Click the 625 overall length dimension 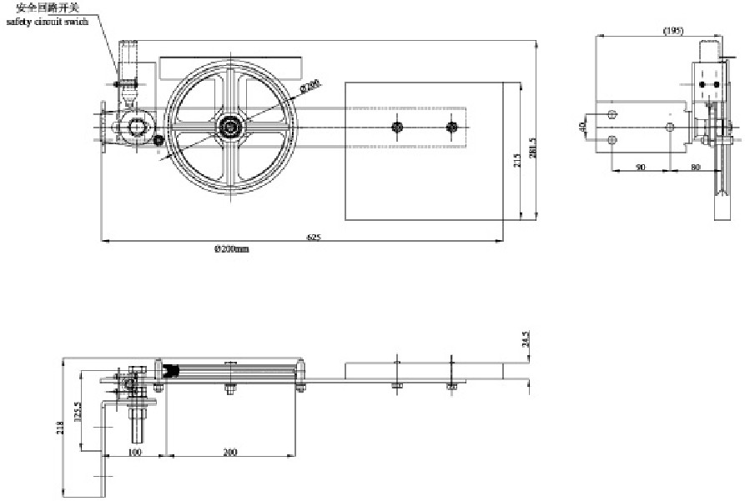click(314, 238)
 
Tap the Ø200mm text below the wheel click(232, 249)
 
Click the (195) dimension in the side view click(673, 31)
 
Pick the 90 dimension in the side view click(641, 167)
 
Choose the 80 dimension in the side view click(696, 167)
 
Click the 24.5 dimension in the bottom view click(525, 342)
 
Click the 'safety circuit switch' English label click(47, 22)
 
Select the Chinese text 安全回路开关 click(52, 8)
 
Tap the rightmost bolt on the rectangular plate click(452, 128)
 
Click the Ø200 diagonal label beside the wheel click(311, 85)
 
